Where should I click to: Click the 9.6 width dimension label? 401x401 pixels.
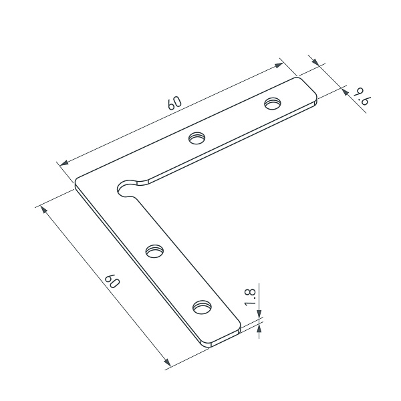361,96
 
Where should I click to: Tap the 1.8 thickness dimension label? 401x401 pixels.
250,297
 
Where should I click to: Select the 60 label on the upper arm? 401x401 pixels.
174,103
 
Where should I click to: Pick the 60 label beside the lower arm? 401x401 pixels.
112,281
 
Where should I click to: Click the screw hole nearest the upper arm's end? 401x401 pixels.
273,104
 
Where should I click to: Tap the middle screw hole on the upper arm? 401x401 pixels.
197,138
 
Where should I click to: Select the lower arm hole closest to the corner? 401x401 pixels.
154,251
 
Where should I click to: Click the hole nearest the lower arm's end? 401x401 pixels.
203,307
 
